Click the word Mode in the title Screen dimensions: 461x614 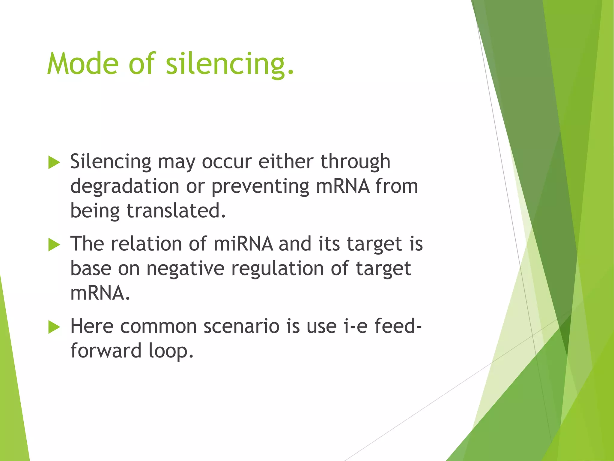click(83, 64)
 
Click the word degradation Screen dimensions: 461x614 click(124, 186)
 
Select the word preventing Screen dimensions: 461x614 click(260, 186)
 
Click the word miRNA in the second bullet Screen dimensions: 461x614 click(243, 243)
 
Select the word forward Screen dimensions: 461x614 click(106, 351)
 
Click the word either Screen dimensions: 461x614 click(286, 161)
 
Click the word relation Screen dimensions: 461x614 click(146, 243)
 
